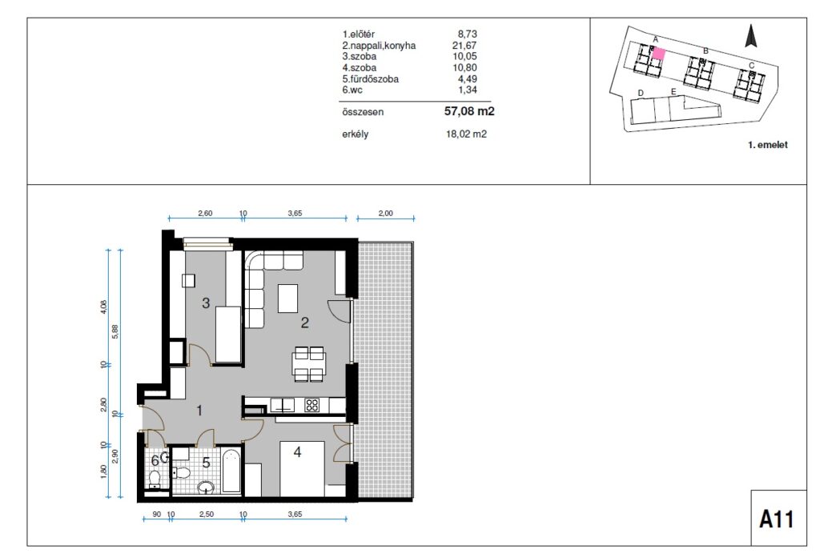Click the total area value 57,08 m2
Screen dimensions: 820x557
(x=469, y=111)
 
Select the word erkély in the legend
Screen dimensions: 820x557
(x=356, y=134)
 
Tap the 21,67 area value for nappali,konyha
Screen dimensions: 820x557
(x=464, y=46)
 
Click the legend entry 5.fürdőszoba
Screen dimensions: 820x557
(x=370, y=79)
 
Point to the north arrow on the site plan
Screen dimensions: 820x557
(x=751, y=36)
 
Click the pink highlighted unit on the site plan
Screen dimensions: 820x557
(x=659, y=54)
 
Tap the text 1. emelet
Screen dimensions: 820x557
(x=767, y=145)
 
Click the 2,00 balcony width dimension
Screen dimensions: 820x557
(x=385, y=213)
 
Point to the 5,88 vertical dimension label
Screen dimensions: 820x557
(x=115, y=331)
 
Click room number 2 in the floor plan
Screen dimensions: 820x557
(x=305, y=323)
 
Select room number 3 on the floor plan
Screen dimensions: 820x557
(x=206, y=303)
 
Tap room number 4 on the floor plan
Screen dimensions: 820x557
(x=298, y=452)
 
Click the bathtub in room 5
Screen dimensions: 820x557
(x=231, y=472)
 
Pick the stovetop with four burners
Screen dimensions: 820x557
(x=312, y=405)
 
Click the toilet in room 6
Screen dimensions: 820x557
(x=155, y=478)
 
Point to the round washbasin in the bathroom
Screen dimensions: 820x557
(x=206, y=487)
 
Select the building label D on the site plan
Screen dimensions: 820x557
(x=641, y=93)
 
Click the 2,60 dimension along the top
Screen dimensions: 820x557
(x=205, y=213)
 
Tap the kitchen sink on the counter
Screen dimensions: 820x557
(x=283, y=405)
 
